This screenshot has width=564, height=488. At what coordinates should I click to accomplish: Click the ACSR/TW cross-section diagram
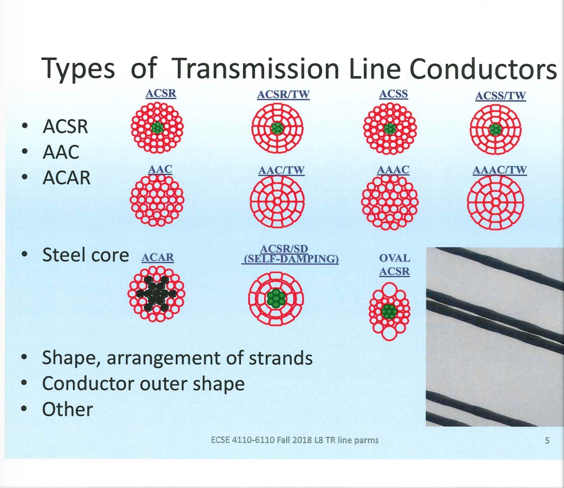pos(277,129)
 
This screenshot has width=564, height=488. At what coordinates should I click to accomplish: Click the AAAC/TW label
pos(500,170)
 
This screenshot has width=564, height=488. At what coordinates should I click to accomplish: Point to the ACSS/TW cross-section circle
pos(495,129)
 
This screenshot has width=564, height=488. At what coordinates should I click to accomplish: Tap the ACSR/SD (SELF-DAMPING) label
pos(290,255)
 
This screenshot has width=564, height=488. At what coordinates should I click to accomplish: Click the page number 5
pos(547,440)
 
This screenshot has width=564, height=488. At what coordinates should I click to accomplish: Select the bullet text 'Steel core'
pos(85,255)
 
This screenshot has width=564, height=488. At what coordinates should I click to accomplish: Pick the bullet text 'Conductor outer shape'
pos(143,384)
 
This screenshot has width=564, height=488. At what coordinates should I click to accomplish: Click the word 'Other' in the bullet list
pos(68,410)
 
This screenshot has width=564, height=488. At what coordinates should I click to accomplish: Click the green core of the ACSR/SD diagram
pos(276,298)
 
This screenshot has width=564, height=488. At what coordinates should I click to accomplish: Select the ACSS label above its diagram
pos(394,94)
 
